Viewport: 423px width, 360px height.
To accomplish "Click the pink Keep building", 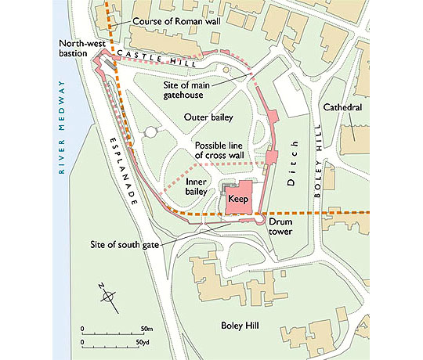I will (x=238, y=200).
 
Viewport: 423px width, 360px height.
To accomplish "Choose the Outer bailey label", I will (x=206, y=117).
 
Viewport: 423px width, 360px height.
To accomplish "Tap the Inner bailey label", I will (x=196, y=185).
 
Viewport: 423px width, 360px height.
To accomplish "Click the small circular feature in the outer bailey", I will (x=150, y=132).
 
